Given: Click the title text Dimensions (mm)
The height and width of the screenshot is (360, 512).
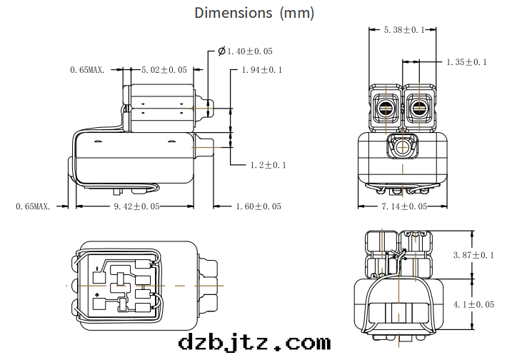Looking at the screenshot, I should [254, 13].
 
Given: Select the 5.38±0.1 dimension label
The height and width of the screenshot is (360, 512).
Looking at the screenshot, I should [404, 30].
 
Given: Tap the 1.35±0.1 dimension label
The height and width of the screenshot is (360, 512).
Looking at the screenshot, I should [466, 62].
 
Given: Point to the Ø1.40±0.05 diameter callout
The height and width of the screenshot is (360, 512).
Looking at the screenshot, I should [244, 51].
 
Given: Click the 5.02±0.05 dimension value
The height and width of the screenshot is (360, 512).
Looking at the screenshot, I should [164, 70].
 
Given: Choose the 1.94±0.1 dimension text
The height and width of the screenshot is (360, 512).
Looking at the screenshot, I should [262, 70].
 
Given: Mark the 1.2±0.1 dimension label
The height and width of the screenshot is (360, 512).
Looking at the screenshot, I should [268, 165].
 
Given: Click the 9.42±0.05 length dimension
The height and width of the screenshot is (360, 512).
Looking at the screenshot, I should [136, 206].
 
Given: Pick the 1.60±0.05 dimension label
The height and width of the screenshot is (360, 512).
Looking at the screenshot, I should [258, 206].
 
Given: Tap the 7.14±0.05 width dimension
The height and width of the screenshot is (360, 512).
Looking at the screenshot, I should [403, 206].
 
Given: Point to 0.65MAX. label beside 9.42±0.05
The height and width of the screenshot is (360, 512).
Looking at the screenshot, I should [33, 206].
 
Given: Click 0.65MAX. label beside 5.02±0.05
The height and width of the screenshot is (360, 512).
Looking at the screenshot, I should [88, 70].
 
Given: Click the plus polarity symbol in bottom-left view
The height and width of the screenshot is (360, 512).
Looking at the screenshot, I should [97, 294].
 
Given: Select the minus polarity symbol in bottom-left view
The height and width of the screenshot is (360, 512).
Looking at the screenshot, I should [97, 269].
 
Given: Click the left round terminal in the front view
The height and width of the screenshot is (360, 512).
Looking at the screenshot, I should [386, 110].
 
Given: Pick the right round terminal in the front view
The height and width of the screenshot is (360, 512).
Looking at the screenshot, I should [419, 110].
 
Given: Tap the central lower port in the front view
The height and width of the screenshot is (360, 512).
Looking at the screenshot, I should [402, 147].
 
